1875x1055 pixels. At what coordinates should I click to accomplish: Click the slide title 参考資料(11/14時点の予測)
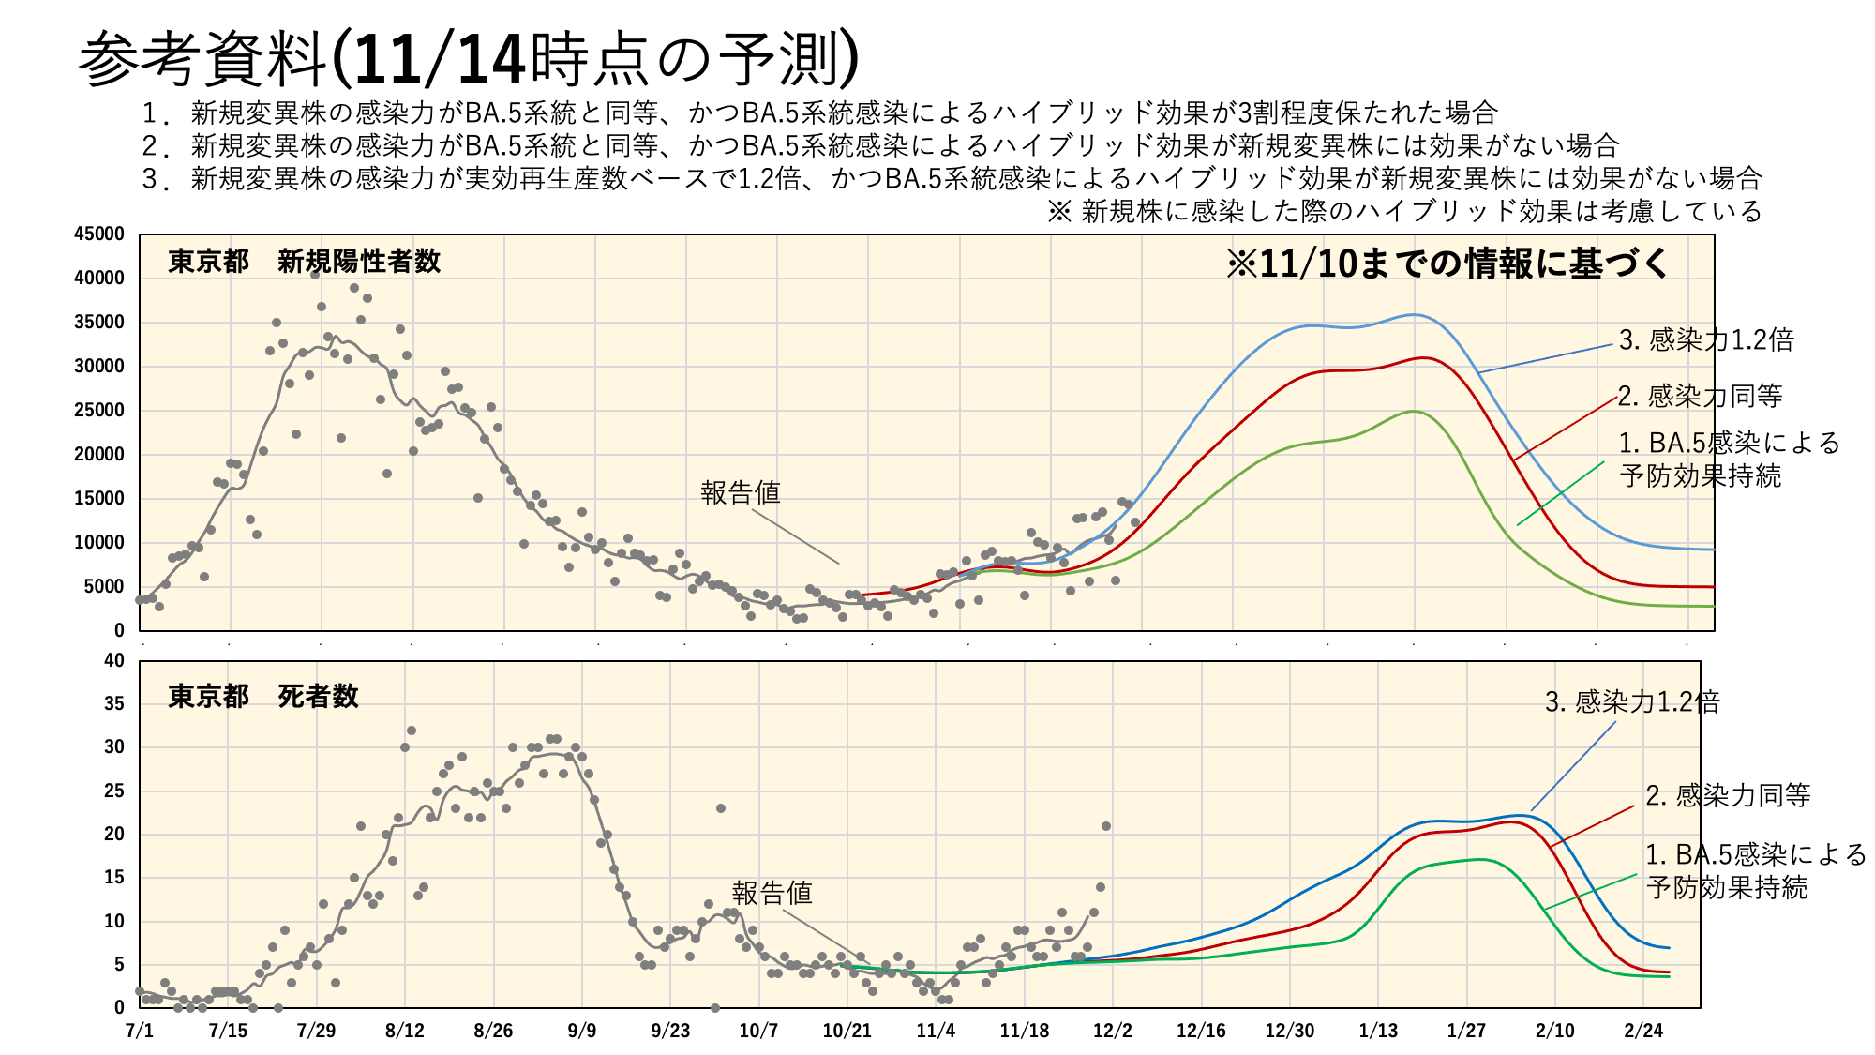point(469,58)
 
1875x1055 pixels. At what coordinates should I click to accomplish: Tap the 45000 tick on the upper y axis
point(99,234)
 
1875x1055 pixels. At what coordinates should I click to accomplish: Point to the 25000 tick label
point(99,411)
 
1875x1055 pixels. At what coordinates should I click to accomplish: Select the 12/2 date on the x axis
point(1113,1031)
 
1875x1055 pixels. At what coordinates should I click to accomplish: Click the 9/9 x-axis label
point(581,1031)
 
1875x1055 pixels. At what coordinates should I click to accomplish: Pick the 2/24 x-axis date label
point(1643,1031)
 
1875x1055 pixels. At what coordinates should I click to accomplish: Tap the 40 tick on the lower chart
point(114,660)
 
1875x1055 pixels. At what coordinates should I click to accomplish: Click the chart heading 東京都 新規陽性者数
point(305,262)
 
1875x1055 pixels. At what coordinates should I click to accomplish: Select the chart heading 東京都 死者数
point(263,696)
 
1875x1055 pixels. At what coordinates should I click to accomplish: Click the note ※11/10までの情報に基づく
point(1447,264)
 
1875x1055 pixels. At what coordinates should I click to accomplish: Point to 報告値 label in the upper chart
point(741,492)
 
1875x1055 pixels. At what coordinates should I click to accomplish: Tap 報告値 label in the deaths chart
point(772,893)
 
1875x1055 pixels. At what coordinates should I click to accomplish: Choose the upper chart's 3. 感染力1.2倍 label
point(1706,339)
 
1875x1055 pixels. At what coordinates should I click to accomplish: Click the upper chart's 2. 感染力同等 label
point(1700,396)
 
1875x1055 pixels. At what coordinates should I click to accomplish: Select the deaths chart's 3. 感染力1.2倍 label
point(1632,701)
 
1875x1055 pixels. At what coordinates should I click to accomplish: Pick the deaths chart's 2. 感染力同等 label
point(1728,795)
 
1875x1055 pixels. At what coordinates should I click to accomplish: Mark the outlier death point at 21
point(1106,826)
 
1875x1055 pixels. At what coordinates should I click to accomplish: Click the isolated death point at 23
point(720,808)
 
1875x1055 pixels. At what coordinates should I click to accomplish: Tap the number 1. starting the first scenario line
point(155,113)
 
